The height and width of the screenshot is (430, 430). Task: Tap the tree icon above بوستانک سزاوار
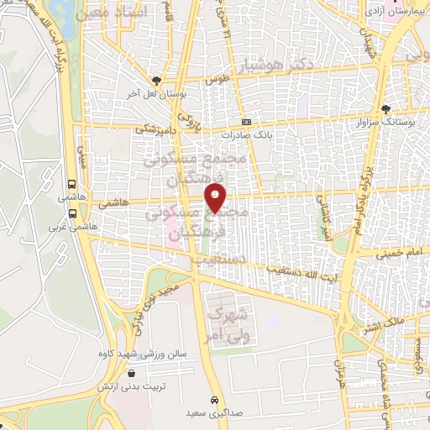tap(385, 109)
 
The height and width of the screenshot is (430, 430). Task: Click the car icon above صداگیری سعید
tap(216, 400)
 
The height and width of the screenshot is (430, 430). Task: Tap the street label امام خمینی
tap(388, 249)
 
